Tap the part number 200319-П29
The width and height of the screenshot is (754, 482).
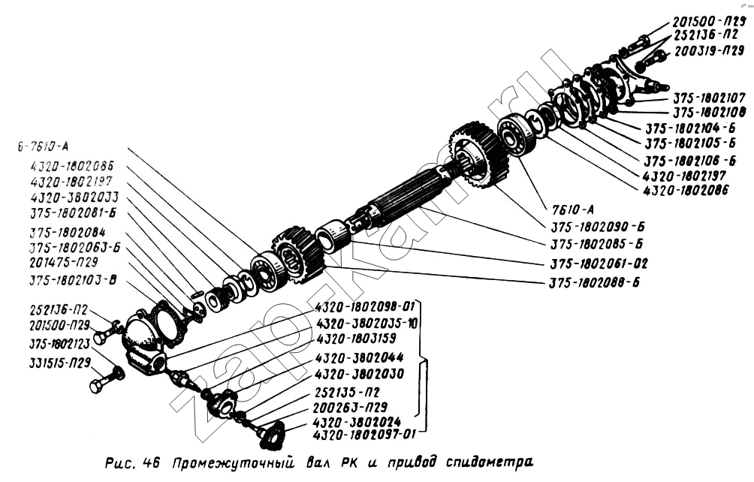tap(708, 52)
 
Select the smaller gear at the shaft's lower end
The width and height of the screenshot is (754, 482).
tap(297, 256)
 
